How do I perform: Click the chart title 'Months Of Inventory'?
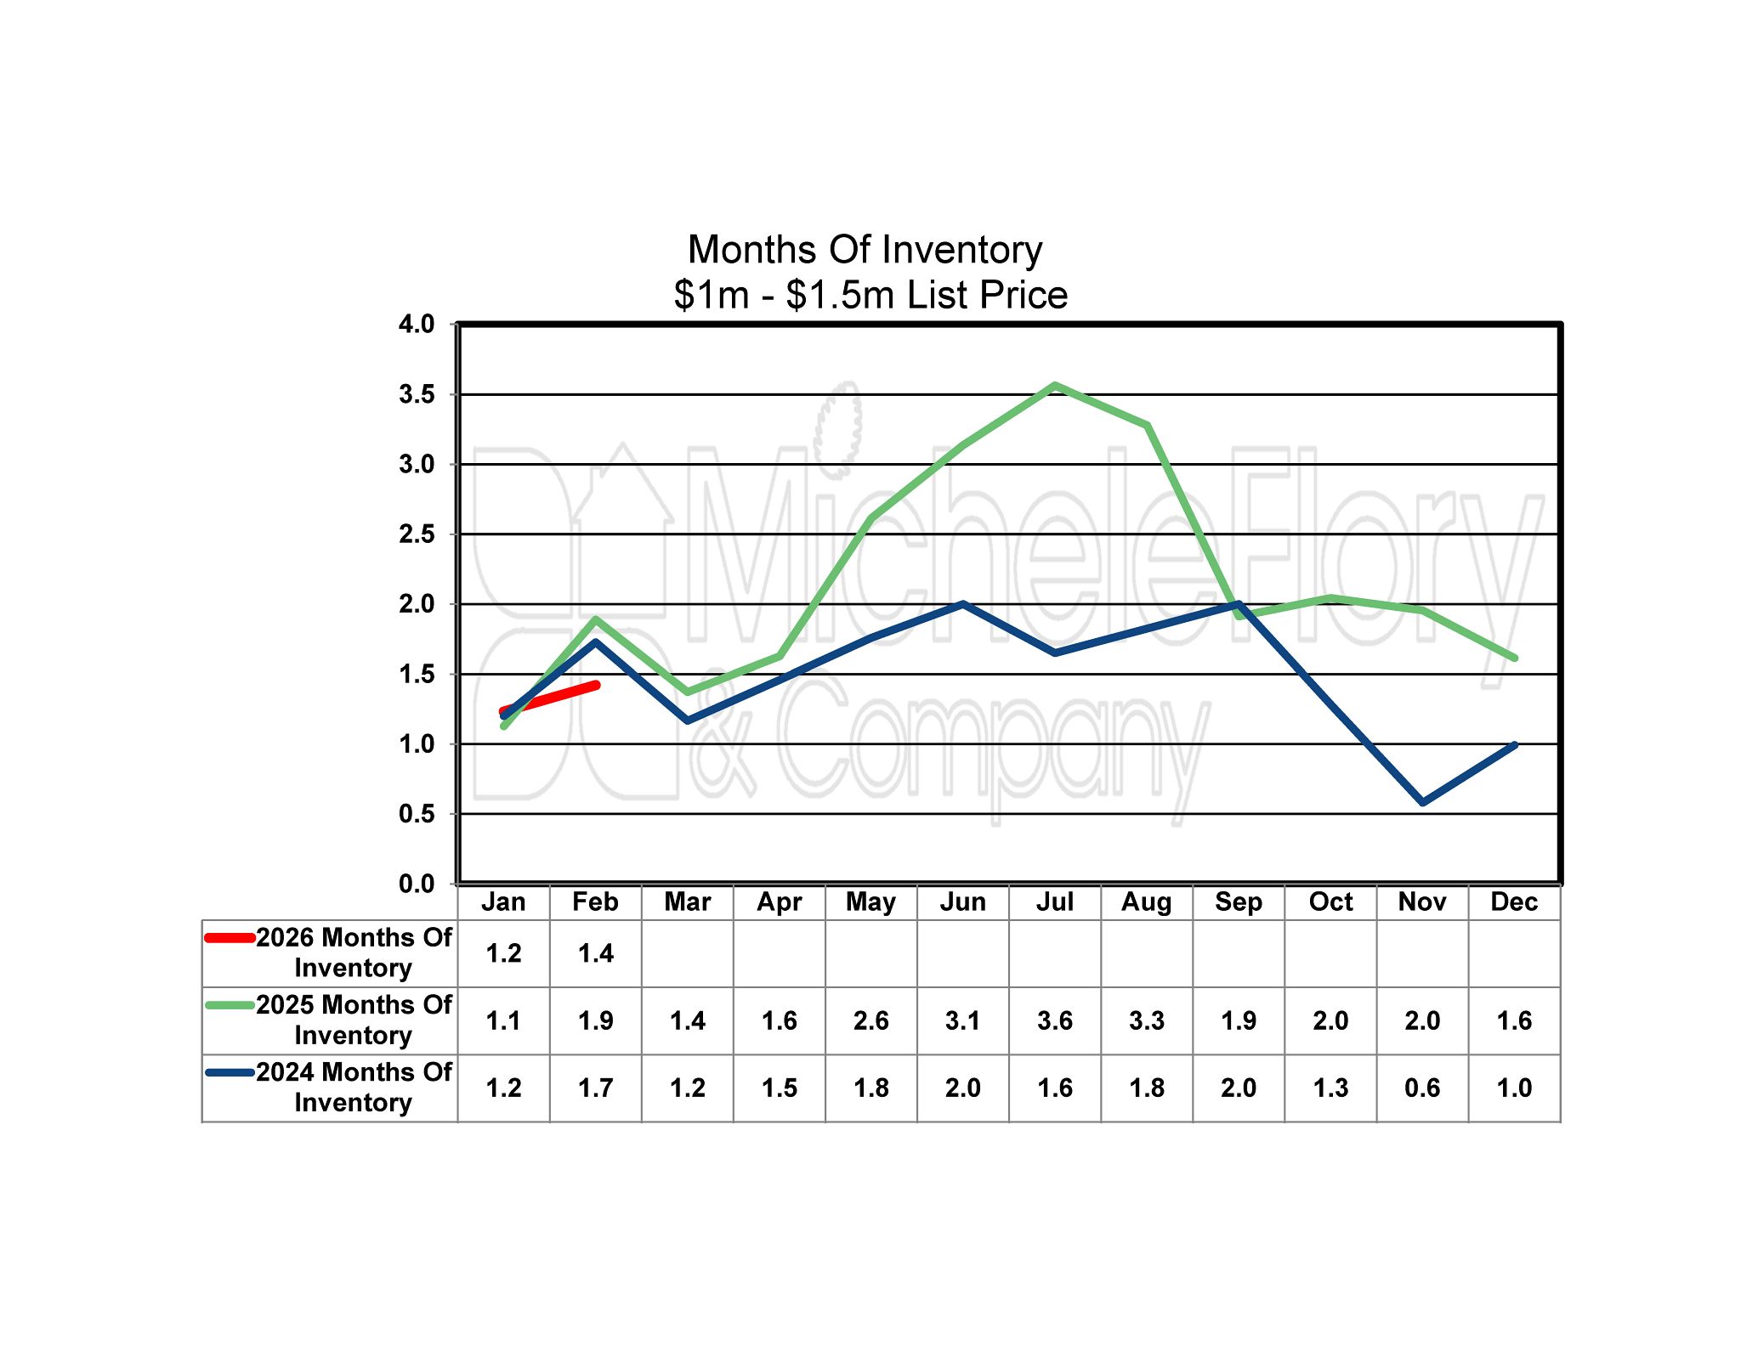point(865,250)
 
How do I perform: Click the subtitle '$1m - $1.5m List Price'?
point(870,295)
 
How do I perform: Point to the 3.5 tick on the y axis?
point(417,394)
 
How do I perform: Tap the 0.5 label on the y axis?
point(417,814)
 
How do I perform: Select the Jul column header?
point(1054,901)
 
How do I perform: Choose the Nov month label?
point(1422,901)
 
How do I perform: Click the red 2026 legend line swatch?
point(230,938)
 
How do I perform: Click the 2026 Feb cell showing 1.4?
point(595,953)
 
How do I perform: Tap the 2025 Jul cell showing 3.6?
point(1054,1020)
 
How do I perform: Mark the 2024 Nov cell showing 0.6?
point(1422,1088)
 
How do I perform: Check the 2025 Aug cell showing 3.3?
point(1146,1020)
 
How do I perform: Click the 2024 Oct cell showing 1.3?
point(1330,1088)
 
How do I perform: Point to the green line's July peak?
point(1055,386)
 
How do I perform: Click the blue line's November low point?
point(1422,802)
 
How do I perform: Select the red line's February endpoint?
point(596,685)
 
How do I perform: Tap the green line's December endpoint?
point(1514,658)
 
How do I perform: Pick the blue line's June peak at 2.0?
point(963,604)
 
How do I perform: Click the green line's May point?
point(871,518)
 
